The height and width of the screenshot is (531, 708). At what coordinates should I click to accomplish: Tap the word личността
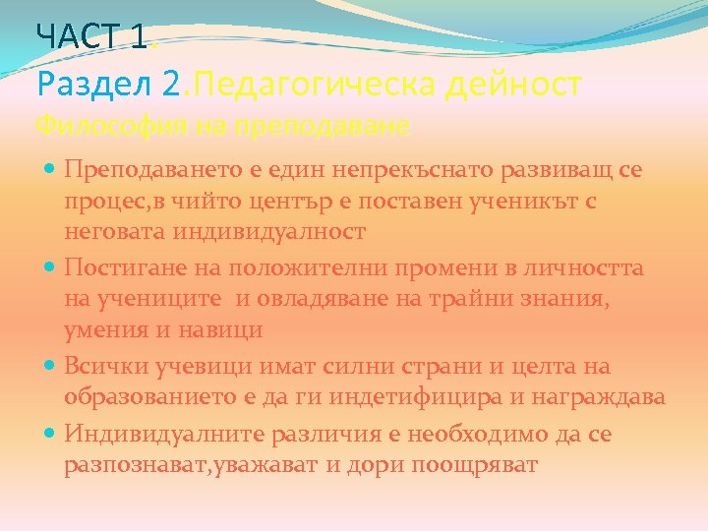point(579,267)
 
